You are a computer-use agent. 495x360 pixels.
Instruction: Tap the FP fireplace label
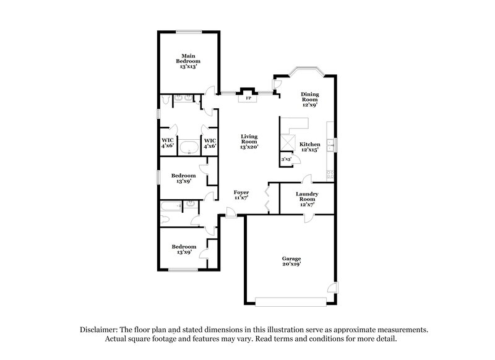[249, 98]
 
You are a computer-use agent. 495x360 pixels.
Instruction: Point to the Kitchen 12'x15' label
[309, 147]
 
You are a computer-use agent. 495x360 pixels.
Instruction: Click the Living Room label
[249, 142]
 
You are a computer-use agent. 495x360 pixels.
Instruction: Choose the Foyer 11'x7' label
[241, 196]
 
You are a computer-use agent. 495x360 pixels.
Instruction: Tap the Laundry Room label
[307, 197]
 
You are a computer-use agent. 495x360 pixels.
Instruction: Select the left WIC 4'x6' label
[167, 143]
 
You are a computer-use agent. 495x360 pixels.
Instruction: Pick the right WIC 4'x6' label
[210, 143]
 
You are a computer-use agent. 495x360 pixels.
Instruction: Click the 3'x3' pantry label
[286, 160]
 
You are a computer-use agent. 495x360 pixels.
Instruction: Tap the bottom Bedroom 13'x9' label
[184, 249]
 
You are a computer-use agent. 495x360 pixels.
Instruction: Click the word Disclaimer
[100, 330]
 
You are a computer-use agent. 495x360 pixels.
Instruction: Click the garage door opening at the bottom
[291, 302]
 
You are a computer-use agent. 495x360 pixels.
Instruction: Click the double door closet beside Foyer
[267, 199]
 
